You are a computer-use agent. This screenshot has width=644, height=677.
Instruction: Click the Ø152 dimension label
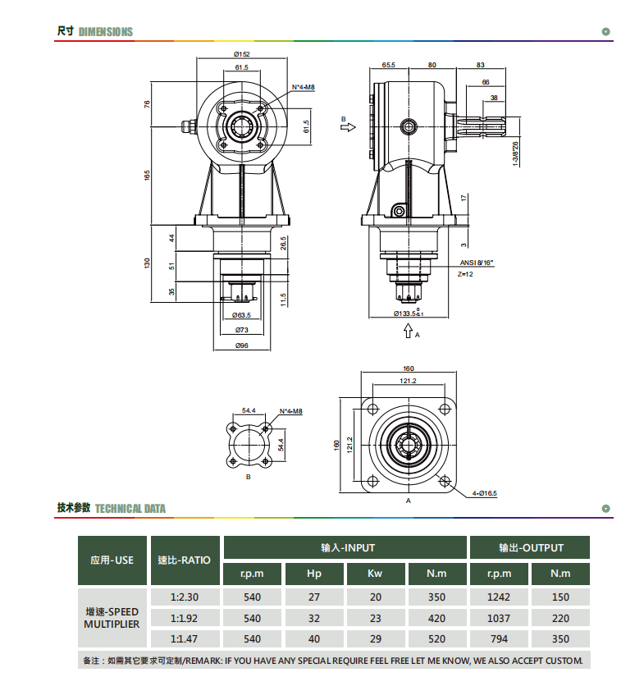[242, 54]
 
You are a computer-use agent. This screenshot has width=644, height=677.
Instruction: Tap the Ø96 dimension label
[242, 345]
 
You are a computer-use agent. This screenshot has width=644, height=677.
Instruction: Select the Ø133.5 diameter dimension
[409, 313]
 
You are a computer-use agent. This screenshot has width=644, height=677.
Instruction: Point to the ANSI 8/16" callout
[477, 263]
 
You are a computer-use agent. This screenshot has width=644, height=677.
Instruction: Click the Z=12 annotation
[465, 274]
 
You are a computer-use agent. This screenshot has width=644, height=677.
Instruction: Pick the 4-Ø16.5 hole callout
[484, 493]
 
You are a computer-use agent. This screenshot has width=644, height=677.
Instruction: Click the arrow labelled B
[348, 127]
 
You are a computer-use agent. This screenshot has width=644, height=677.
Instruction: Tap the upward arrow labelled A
[408, 331]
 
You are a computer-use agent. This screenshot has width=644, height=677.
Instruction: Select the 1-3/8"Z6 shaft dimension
[515, 154]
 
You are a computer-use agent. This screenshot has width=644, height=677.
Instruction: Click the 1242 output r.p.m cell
[499, 597]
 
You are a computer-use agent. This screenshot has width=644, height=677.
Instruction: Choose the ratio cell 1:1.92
[185, 618]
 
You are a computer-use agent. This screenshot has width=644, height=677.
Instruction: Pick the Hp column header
[314, 574]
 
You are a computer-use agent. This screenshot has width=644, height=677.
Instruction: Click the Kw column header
[375, 574]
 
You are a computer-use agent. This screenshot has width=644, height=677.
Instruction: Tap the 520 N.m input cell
[436, 639]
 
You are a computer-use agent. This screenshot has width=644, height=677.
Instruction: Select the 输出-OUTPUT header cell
[530, 547]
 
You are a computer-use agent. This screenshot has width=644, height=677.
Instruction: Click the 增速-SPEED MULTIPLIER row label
[112, 618]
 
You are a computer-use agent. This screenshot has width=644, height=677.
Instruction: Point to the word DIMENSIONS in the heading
[106, 32]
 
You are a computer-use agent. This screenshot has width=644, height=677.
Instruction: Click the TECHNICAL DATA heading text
[130, 509]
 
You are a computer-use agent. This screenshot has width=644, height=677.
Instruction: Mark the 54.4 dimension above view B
[249, 410]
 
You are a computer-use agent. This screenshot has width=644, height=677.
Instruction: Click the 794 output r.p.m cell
[499, 639]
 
